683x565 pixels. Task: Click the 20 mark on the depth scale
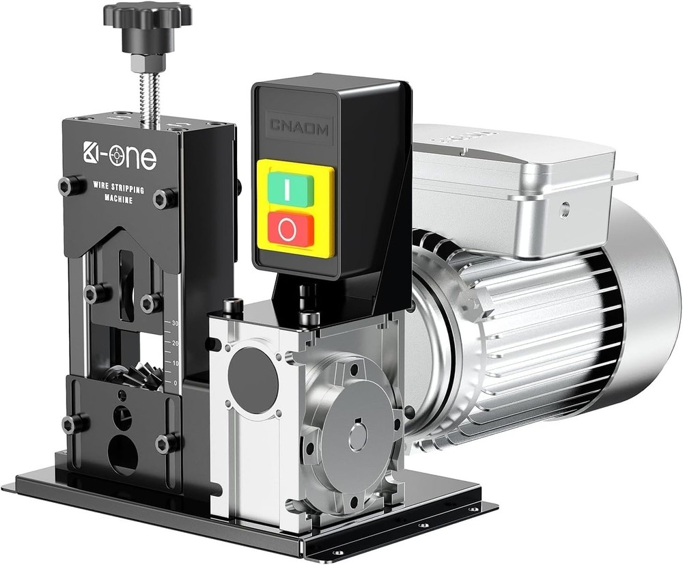coord(175,343)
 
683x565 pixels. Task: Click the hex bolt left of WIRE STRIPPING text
coord(66,184)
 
